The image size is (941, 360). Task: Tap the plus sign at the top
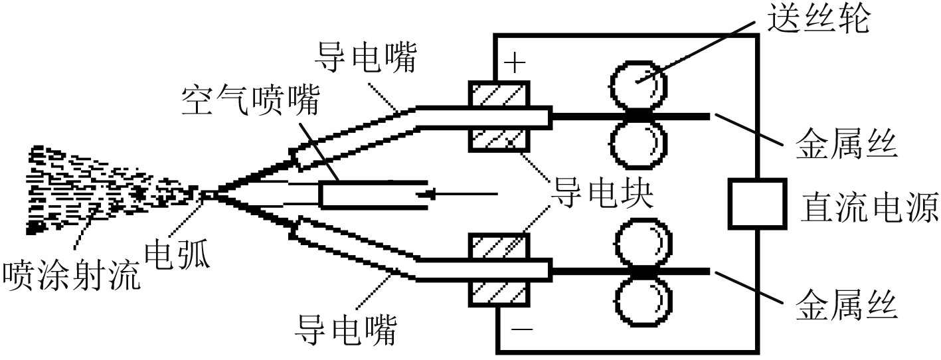click(515, 64)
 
